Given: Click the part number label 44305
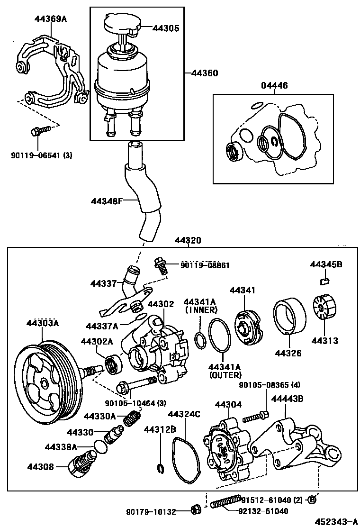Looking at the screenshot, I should (165, 28).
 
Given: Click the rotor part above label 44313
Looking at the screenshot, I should (324, 310).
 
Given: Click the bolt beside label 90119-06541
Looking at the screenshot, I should (41, 130).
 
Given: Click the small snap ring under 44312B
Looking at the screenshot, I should (160, 469).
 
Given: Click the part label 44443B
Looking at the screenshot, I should (287, 399).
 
